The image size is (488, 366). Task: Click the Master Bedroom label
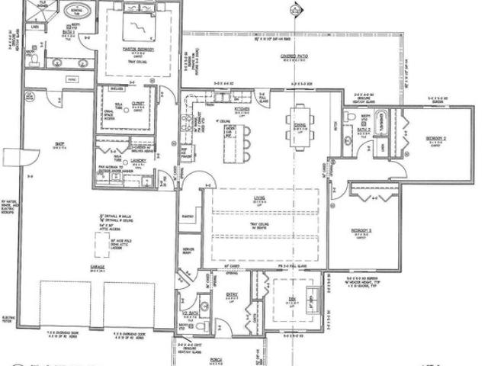tap(139, 50)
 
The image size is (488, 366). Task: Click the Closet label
tap(138, 104)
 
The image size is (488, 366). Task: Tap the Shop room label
tap(59, 144)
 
